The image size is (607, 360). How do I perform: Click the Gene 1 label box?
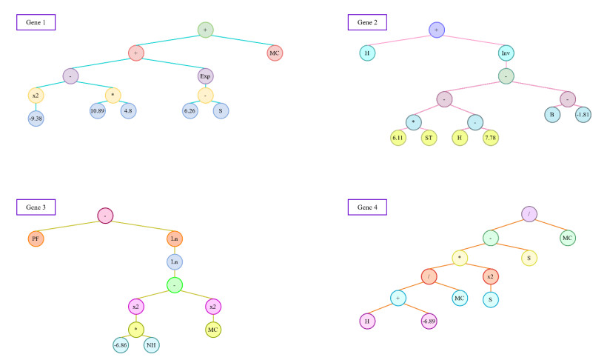pyautogui.click(x=36, y=22)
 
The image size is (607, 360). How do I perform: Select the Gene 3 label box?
pyautogui.click(x=36, y=207)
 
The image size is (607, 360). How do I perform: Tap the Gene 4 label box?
pyautogui.click(x=367, y=207)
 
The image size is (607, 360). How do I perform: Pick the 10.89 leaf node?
pyautogui.click(x=98, y=110)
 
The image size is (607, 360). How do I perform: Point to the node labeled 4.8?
pyautogui.click(x=129, y=110)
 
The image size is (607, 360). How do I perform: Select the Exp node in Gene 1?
pyautogui.click(x=205, y=76)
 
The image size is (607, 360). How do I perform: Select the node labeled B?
pyautogui.click(x=552, y=115)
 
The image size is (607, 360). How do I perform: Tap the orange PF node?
pyautogui.click(x=36, y=239)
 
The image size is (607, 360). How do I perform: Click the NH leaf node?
pyautogui.click(x=151, y=344)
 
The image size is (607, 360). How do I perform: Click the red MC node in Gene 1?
pyautogui.click(x=275, y=53)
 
